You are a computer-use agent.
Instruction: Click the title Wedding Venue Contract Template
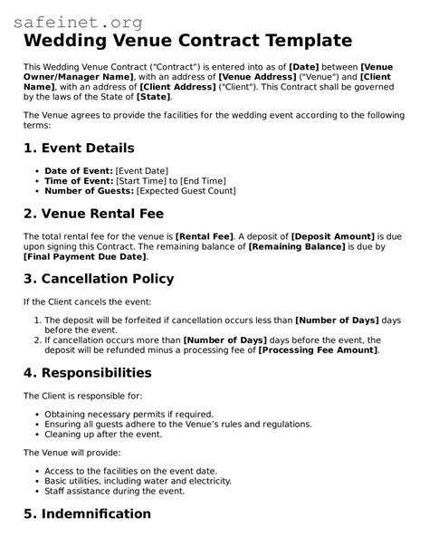[187, 41]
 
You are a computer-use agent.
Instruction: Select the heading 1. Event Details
[79, 148]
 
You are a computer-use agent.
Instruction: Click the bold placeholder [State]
[153, 96]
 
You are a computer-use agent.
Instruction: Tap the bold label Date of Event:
[79, 171]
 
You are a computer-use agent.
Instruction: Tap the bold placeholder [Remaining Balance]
[297, 246]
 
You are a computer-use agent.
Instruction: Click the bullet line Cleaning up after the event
[103, 434]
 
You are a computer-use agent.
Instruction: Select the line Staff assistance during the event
[114, 491]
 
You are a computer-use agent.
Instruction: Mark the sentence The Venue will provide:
[71, 452]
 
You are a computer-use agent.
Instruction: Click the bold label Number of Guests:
[89, 191]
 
